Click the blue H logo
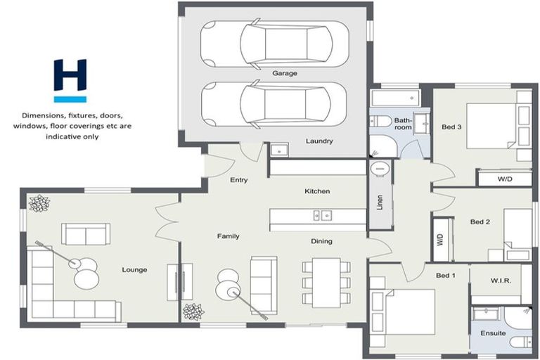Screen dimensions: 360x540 pyautogui.click(x=70, y=80)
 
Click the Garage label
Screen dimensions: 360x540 pyautogui.click(x=285, y=73)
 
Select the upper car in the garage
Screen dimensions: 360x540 pyautogui.click(x=274, y=44)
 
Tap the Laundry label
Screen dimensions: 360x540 pyautogui.click(x=319, y=141)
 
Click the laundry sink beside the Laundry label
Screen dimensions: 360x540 pyautogui.click(x=278, y=150)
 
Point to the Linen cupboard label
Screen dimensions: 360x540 pyautogui.click(x=380, y=202)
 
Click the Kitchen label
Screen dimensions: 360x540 pyautogui.click(x=317, y=191)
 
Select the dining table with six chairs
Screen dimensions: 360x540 pyautogui.click(x=326, y=282)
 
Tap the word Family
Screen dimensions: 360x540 pyautogui.click(x=229, y=236)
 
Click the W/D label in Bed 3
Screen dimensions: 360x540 pyautogui.click(x=505, y=179)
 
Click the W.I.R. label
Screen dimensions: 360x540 pyautogui.click(x=501, y=281)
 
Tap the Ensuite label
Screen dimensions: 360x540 pyautogui.click(x=493, y=333)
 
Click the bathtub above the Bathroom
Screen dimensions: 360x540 pyautogui.click(x=394, y=97)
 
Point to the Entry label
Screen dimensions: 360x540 pyautogui.click(x=239, y=180)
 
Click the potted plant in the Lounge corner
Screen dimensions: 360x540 pyautogui.click(x=39, y=203)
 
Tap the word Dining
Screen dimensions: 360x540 pyautogui.click(x=322, y=241)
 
